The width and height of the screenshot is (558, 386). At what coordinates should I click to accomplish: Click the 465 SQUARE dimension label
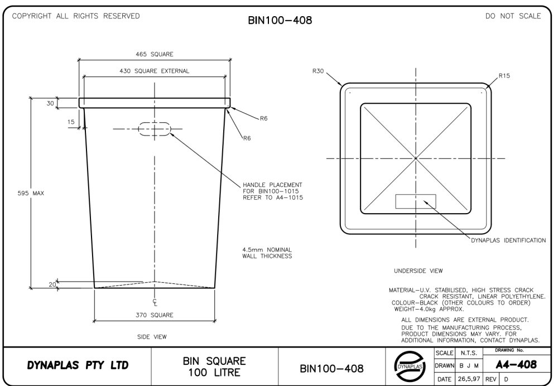click(x=155, y=55)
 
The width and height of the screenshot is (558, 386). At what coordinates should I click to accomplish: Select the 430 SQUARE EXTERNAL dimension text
click(x=155, y=71)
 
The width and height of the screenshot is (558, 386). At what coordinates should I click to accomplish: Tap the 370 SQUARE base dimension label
click(x=155, y=315)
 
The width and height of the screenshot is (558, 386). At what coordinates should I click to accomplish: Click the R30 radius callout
click(x=318, y=71)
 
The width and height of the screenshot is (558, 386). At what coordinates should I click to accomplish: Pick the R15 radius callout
click(x=504, y=75)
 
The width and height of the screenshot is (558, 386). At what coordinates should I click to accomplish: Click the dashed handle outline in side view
click(x=155, y=129)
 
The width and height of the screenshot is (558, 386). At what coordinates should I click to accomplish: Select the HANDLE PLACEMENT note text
click(x=272, y=191)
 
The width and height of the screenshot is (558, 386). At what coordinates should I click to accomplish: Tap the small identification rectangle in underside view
click(x=416, y=201)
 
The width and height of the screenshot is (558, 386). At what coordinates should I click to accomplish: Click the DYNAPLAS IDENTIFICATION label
click(x=508, y=240)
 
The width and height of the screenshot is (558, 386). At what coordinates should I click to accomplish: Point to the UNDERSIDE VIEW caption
click(x=418, y=271)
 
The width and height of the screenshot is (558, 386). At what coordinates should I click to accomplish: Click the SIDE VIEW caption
click(x=152, y=336)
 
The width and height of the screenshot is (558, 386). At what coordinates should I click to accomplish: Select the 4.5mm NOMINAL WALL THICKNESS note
click(x=267, y=253)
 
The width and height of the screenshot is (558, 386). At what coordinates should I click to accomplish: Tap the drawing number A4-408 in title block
click(x=517, y=365)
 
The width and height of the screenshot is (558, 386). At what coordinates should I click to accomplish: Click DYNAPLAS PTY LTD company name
click(x=78, y=366)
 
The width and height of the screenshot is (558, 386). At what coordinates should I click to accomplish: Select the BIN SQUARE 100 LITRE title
click(x=214, y=366)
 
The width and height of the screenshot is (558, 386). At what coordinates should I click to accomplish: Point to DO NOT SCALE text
click(x=513, y=16)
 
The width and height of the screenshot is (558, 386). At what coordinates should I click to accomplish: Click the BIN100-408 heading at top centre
click(x=280, y=21)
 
